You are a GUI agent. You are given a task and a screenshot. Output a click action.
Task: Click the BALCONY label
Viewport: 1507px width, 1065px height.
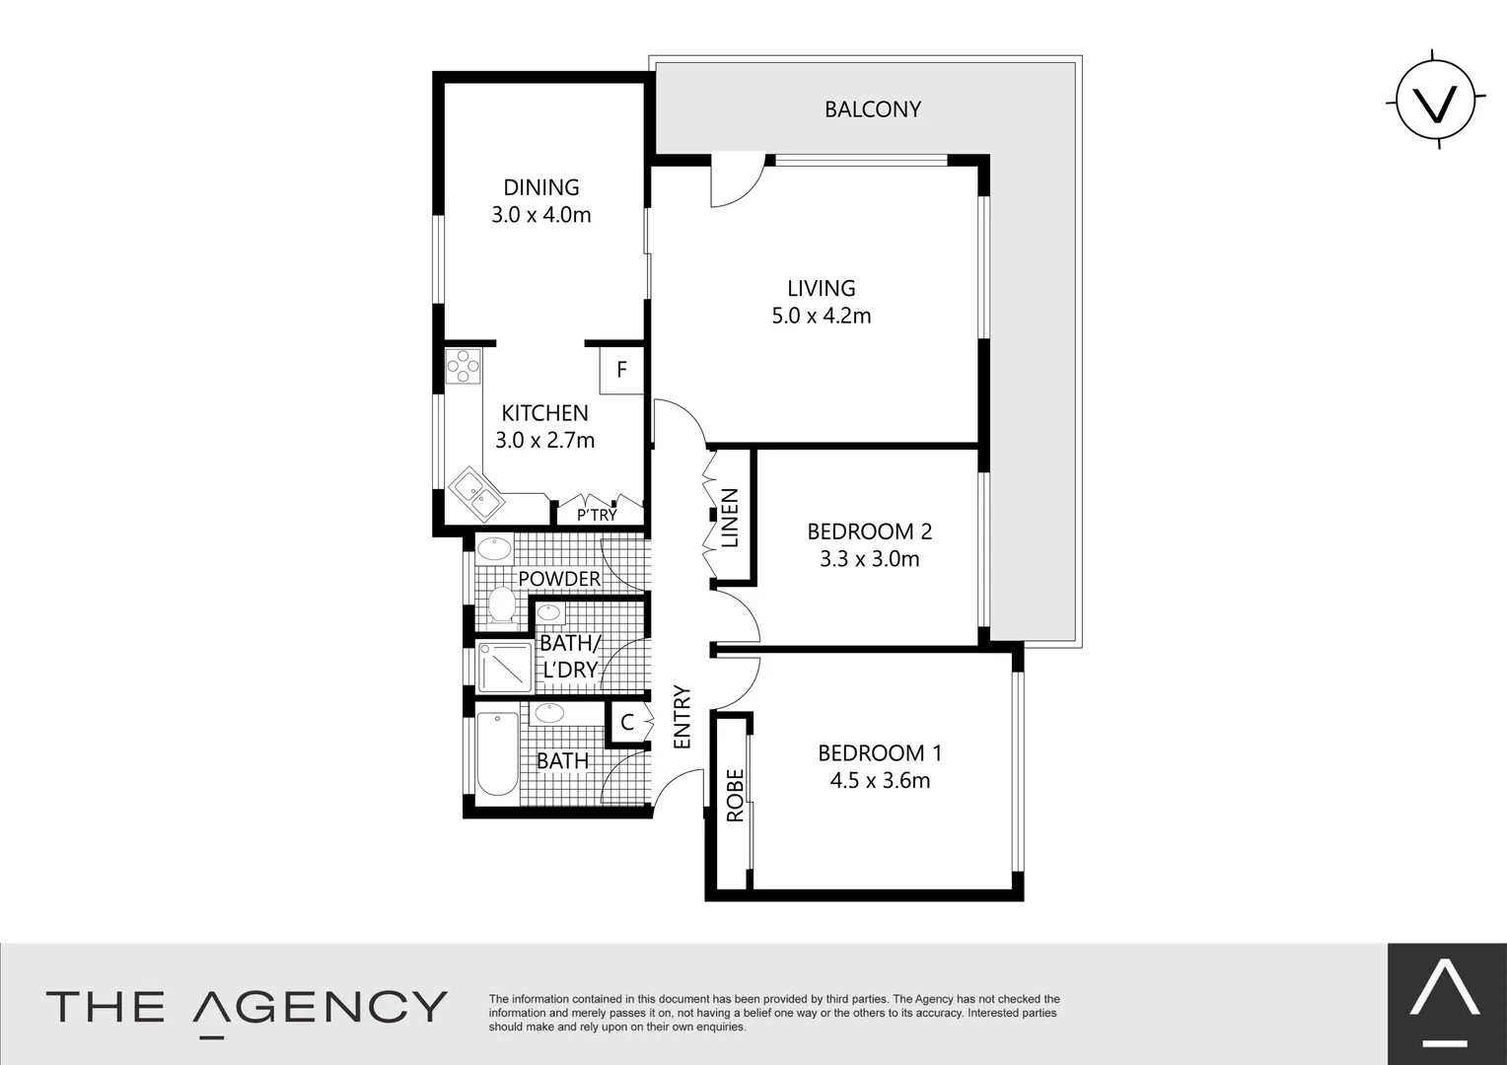(872, 109)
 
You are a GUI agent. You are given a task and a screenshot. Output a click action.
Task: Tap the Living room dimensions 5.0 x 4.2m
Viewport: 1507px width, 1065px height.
(822, 317)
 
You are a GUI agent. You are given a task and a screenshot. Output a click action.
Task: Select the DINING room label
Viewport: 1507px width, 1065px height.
(541, 187)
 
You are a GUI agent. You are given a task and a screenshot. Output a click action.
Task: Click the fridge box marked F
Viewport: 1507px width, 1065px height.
(621, 370)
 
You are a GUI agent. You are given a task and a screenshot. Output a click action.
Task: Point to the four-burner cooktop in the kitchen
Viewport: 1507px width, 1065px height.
(463, 367)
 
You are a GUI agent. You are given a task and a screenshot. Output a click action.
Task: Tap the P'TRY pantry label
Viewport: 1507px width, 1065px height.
(597, 515)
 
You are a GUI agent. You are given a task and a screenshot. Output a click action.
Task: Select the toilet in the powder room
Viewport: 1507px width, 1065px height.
(502, 606)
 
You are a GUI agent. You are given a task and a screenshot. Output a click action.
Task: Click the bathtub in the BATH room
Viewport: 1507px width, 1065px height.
(497, 754)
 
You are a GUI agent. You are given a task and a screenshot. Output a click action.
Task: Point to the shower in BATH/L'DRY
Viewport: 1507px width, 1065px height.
(504, 669)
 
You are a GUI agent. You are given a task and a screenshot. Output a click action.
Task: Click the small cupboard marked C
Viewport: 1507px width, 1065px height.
(626, 723)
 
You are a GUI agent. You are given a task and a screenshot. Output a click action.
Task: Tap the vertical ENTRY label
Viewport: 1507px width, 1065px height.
(682, 717)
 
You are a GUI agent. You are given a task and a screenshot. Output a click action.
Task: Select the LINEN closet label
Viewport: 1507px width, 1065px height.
(730, 518)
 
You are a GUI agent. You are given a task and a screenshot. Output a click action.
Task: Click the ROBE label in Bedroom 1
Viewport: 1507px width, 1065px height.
(735, 796)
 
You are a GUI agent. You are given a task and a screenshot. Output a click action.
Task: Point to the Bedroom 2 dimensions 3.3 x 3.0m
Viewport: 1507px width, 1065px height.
(869, 559)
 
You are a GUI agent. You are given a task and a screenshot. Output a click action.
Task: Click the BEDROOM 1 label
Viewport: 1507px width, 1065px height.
(880, 753)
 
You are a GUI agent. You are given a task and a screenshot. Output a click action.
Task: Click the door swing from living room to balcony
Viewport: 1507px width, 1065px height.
(736, 181)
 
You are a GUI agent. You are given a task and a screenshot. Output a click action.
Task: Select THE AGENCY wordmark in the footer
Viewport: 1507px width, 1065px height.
(247, 1007)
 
